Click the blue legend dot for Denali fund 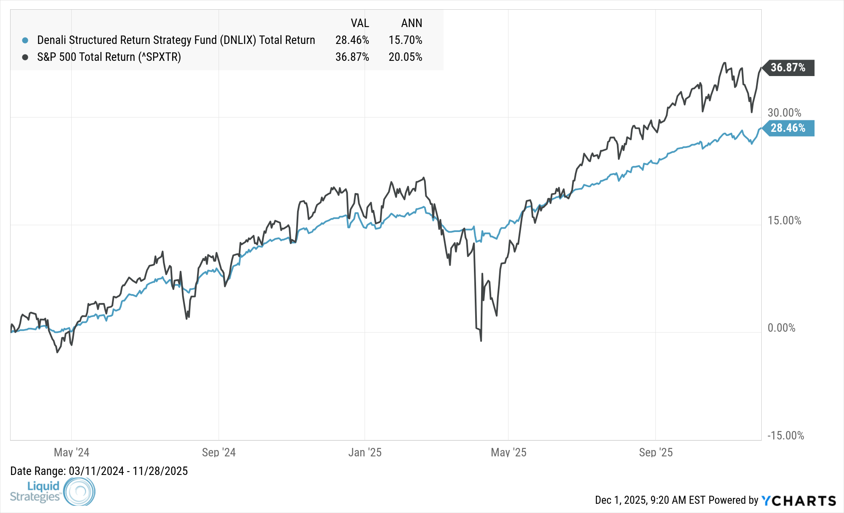coord(25,40)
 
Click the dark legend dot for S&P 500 coord(25,57)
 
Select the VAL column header coord(360,23)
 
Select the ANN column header coord(411,23)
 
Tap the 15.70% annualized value coord(405,40)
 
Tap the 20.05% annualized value coord(405,57)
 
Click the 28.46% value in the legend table coord(352,40)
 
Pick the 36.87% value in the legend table coord(352,57)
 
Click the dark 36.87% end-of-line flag coord(788,68)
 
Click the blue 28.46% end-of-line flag coord(788,128)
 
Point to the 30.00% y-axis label coord(784,113)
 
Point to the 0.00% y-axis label coord(781,328)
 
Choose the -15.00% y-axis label coord(785,436)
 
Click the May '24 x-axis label coord(72,453)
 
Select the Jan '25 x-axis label coord(365,453)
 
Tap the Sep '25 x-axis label coord(655,453)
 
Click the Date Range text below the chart coord(99,471)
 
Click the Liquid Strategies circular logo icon coord(79,491)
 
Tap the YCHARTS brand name coord(798,501)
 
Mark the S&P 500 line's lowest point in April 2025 coord(481,340)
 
